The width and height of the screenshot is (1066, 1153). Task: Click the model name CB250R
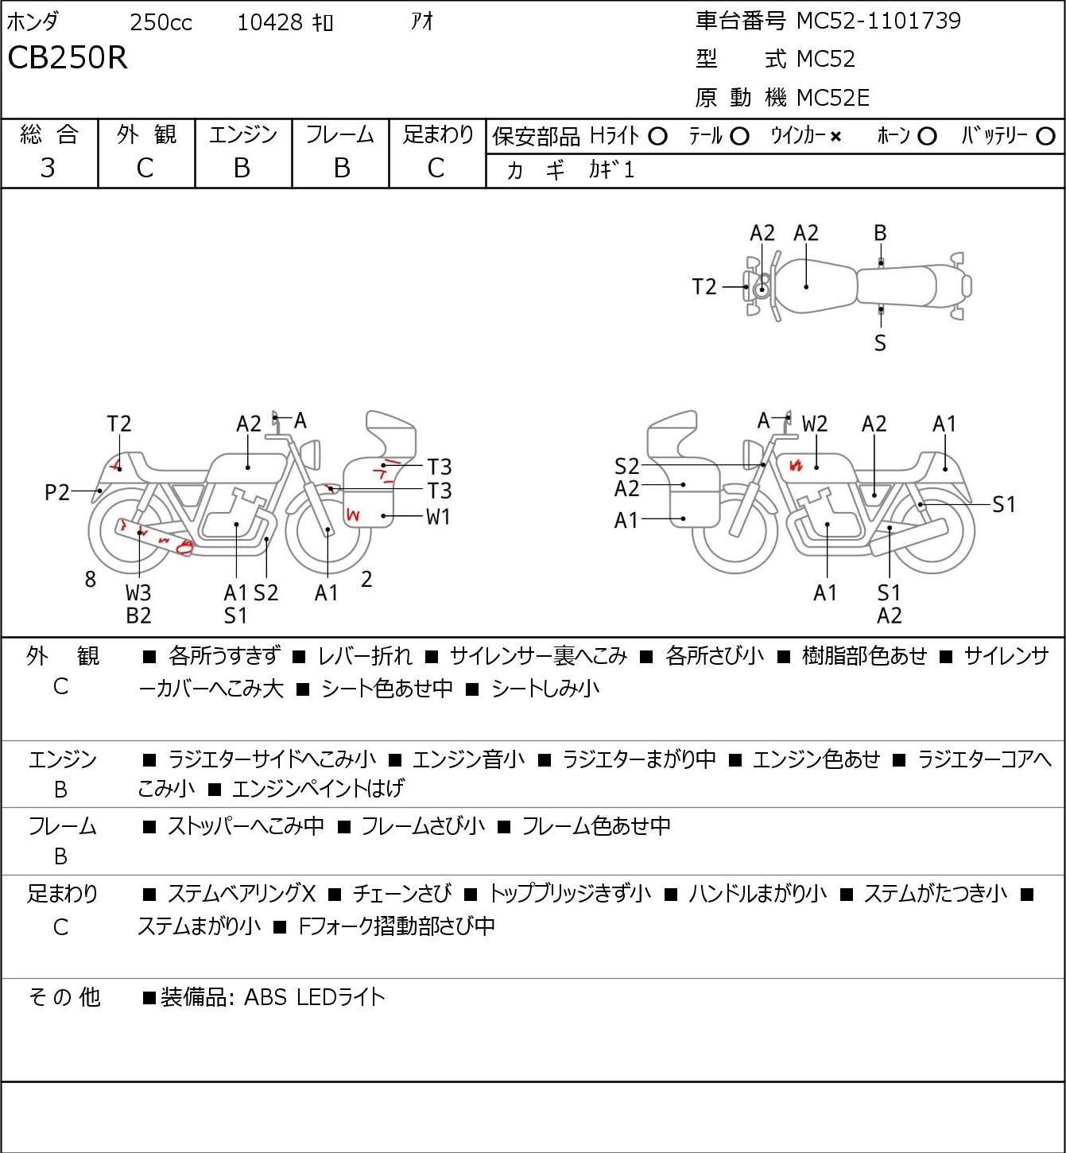(68, 57)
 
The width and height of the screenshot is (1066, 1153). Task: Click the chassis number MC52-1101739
(878, 21)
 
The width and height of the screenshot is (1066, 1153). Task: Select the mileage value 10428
(270, 22)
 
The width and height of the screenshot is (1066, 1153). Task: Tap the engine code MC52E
(833, 98)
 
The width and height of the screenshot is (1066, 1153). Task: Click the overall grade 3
(48, 168)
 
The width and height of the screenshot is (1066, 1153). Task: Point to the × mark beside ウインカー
(835, 137)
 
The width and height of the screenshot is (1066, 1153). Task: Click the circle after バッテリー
(1045, 137)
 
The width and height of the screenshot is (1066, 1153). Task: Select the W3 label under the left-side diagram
(138, 592)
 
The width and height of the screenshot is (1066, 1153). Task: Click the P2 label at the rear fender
(57, 492)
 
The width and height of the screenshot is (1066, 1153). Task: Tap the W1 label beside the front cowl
(438, 516)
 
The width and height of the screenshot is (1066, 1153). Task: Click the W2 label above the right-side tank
(815, 424)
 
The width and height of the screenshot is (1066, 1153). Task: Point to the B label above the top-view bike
(880, 233)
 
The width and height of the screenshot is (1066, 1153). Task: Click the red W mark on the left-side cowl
(352, 514)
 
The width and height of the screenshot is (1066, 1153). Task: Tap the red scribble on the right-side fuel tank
(796, 465)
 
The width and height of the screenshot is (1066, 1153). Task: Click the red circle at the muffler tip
(185, 547)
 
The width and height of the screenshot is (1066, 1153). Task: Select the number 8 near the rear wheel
(90, 579)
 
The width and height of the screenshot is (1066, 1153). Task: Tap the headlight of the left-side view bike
(311, 454)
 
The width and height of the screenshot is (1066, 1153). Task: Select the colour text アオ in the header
(422, 21)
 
